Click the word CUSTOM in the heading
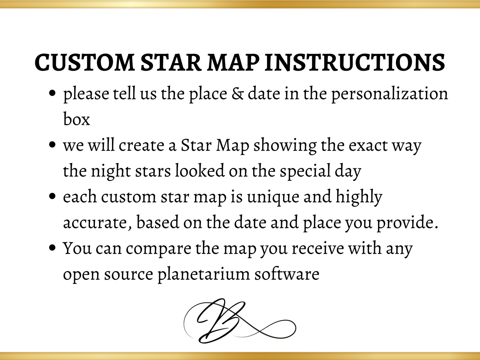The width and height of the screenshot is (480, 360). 84,62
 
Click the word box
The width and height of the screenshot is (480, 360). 76,119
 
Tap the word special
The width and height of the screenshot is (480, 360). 305,171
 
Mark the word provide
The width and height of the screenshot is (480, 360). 405,223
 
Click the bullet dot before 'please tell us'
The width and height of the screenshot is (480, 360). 52,94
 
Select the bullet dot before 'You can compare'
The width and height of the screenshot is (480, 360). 52,248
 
